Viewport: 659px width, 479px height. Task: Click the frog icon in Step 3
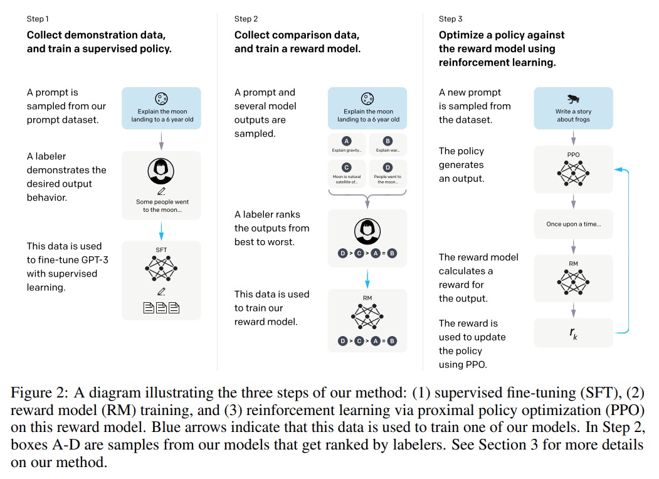[x=573, y=98]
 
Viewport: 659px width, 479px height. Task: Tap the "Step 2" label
[x=247, y=19]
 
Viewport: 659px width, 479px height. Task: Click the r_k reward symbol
[x=574, y=332]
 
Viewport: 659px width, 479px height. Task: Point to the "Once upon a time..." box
[x=574, y=224]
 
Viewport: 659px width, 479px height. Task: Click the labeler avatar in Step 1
[x=161, y=171]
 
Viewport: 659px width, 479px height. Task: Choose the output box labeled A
[x=347, y=144]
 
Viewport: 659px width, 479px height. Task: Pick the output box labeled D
[x=387, y=172]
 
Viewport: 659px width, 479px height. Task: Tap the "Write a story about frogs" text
[x=574, y=115]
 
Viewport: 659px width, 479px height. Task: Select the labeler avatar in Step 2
[x=368, y=232]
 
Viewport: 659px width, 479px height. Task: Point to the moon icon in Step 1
[x=161, y=98]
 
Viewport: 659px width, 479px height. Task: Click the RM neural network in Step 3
[x=574, y=282]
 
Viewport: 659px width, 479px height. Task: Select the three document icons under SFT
[x=161, y=308]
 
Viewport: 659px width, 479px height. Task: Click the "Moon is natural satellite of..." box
[x=347, y=172]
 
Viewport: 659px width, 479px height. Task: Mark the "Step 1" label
[x=40, y=19]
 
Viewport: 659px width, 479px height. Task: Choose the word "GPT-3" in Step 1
[x=92, y=260]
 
